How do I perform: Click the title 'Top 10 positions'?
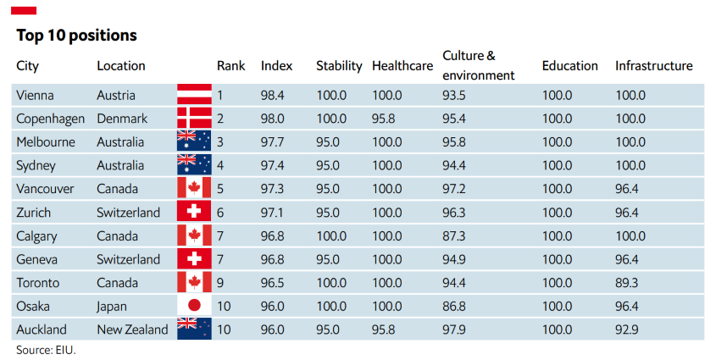pyautogui.click(x=77, y=35)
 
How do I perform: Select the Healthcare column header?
pyautogui.click(x=402, y=66)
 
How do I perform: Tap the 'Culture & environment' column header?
pyautogui.click(x=478, y=65)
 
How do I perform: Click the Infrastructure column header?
pyautogui.click(x=653, y=66)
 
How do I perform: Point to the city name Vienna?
pyautogui.click(x=35, y=96)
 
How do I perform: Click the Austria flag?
pyautogui.click(x=195, y=95)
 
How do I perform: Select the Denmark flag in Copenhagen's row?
pyautogui.click(x=195, y=119)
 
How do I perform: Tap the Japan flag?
pyautogui.click(x=195, y=306)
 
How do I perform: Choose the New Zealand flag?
pyautogui.click(x=195, y=329)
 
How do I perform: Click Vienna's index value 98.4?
pyautogui.click(x=272, y=96)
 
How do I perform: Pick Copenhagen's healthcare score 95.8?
pyautogui.click(x=384, y=119)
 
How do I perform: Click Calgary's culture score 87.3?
pyautogui.click(x=454, y=235)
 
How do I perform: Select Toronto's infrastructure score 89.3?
pyautogui.click(x=626, y=283)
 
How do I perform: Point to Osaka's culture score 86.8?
pyautogui.click(x=454, y=306)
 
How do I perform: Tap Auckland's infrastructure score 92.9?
pyautogui.click(x=626, y=330)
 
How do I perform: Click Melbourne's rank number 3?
pyautogui.click(x=220, y=142)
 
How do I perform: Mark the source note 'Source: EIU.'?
pyautogui.click(x=46, y=350)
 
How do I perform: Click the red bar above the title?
pyautogui.click(x=24, y=10)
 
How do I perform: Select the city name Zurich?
pyautogui.click(x=33, y=213)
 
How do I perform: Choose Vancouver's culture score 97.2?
pyautogui.click(x=454, y=189)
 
